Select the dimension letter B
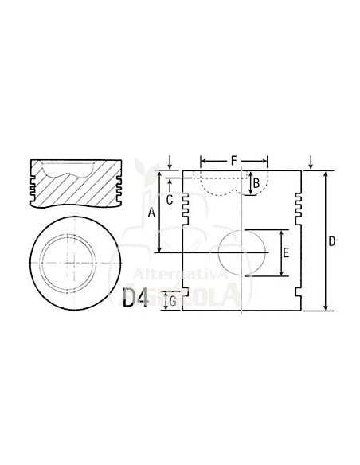[256, 184]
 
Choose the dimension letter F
[233, 161]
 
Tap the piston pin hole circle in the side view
[243, 253]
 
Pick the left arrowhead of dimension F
[203, 160]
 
